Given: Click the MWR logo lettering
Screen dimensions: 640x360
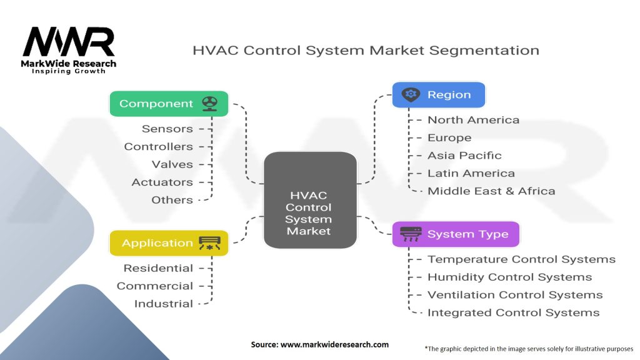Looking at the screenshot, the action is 69,42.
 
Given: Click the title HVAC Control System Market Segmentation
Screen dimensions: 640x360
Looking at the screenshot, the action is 366,50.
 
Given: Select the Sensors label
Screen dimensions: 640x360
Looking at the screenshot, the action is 167,129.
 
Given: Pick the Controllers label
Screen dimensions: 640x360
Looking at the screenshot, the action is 159,147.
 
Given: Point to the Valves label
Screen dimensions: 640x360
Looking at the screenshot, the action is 172,164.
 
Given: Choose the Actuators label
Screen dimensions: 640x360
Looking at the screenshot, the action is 162,182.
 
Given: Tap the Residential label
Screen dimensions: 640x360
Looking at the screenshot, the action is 158,268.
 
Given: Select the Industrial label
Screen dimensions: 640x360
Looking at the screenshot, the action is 164,304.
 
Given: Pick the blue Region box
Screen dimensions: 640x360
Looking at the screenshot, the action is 438,95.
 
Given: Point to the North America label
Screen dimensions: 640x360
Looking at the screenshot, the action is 473,120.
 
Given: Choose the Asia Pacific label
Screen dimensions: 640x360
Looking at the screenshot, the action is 464,156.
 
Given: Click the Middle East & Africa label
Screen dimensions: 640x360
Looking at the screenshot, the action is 491,191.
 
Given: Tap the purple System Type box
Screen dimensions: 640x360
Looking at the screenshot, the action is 455,234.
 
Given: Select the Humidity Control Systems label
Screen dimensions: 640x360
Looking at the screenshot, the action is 509,277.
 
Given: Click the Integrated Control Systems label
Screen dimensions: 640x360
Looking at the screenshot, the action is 513,312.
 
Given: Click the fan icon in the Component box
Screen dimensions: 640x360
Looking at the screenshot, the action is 209,104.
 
